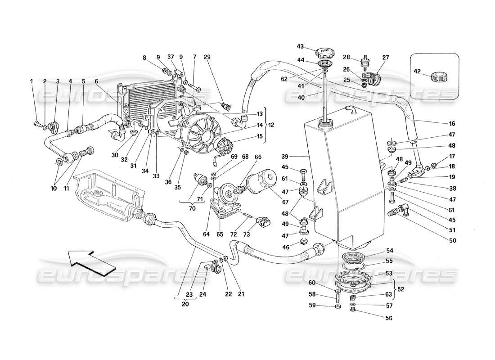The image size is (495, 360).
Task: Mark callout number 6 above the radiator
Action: pos(96,81)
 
